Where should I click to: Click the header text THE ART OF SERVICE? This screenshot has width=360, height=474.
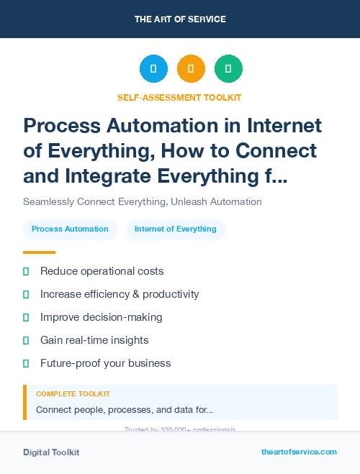(x=180, y=19)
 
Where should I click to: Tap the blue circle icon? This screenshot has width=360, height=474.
(x=153, y=69)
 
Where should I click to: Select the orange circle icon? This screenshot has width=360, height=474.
(x=191, y=69)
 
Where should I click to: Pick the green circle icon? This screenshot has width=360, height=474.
(x=228, y=69)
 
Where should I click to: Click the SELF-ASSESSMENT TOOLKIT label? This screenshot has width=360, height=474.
(x=179, y=97)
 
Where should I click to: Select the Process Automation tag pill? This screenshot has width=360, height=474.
(x=70, y=229)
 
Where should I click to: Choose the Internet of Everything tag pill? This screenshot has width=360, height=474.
(x=176, y=229)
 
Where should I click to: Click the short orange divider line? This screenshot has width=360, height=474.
(x=39, y=252)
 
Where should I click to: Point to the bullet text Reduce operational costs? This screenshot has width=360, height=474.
(x=102, y=271)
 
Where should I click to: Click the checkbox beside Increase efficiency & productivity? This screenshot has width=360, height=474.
(x=26, y=294)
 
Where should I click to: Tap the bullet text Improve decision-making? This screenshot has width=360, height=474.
(x=102, y=317)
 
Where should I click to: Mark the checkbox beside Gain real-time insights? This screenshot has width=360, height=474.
(x=26, y=340)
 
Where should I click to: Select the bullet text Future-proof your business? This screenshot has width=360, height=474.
(x=106, y=363)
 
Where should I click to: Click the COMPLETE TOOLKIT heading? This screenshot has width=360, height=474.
(x=73, y=394)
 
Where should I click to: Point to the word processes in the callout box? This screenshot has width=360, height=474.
(x=131, y=410)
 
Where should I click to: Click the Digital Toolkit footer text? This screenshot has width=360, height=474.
(x=51, y=452)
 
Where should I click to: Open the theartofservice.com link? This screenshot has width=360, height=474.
(x=299, y=452)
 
